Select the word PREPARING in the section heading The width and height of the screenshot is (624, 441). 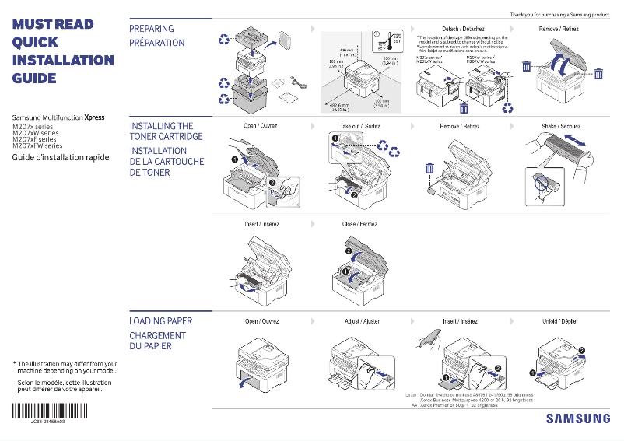point(152,29)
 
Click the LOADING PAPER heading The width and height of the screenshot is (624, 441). point(160,321)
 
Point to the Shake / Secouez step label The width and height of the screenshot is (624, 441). point(560,126)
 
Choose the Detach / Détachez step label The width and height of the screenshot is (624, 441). point(463,29)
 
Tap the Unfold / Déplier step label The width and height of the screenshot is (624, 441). point(560,321)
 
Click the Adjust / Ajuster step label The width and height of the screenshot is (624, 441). point(362,321)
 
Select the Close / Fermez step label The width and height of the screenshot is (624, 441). point(359,224)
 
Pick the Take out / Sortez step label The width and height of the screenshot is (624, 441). point(359,126)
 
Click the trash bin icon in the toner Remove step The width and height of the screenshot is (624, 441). point(429,169)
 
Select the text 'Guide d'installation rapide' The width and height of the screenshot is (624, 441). point(60,158)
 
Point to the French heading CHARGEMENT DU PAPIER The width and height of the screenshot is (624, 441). point(157,341)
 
